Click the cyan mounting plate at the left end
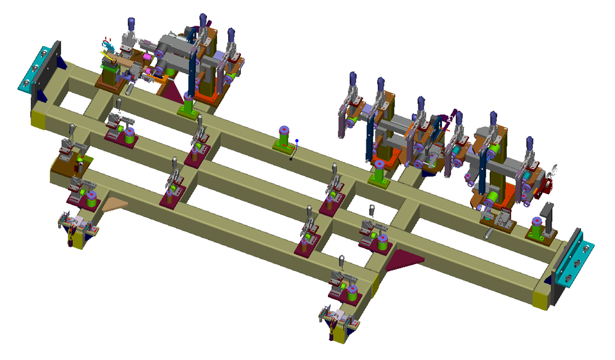(x=39, y=69)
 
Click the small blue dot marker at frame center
(x=297, y=140)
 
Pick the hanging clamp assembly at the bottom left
(x=76, y=229)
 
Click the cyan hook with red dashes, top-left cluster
(x=106, y=46)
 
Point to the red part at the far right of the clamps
(x=548, y=185)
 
